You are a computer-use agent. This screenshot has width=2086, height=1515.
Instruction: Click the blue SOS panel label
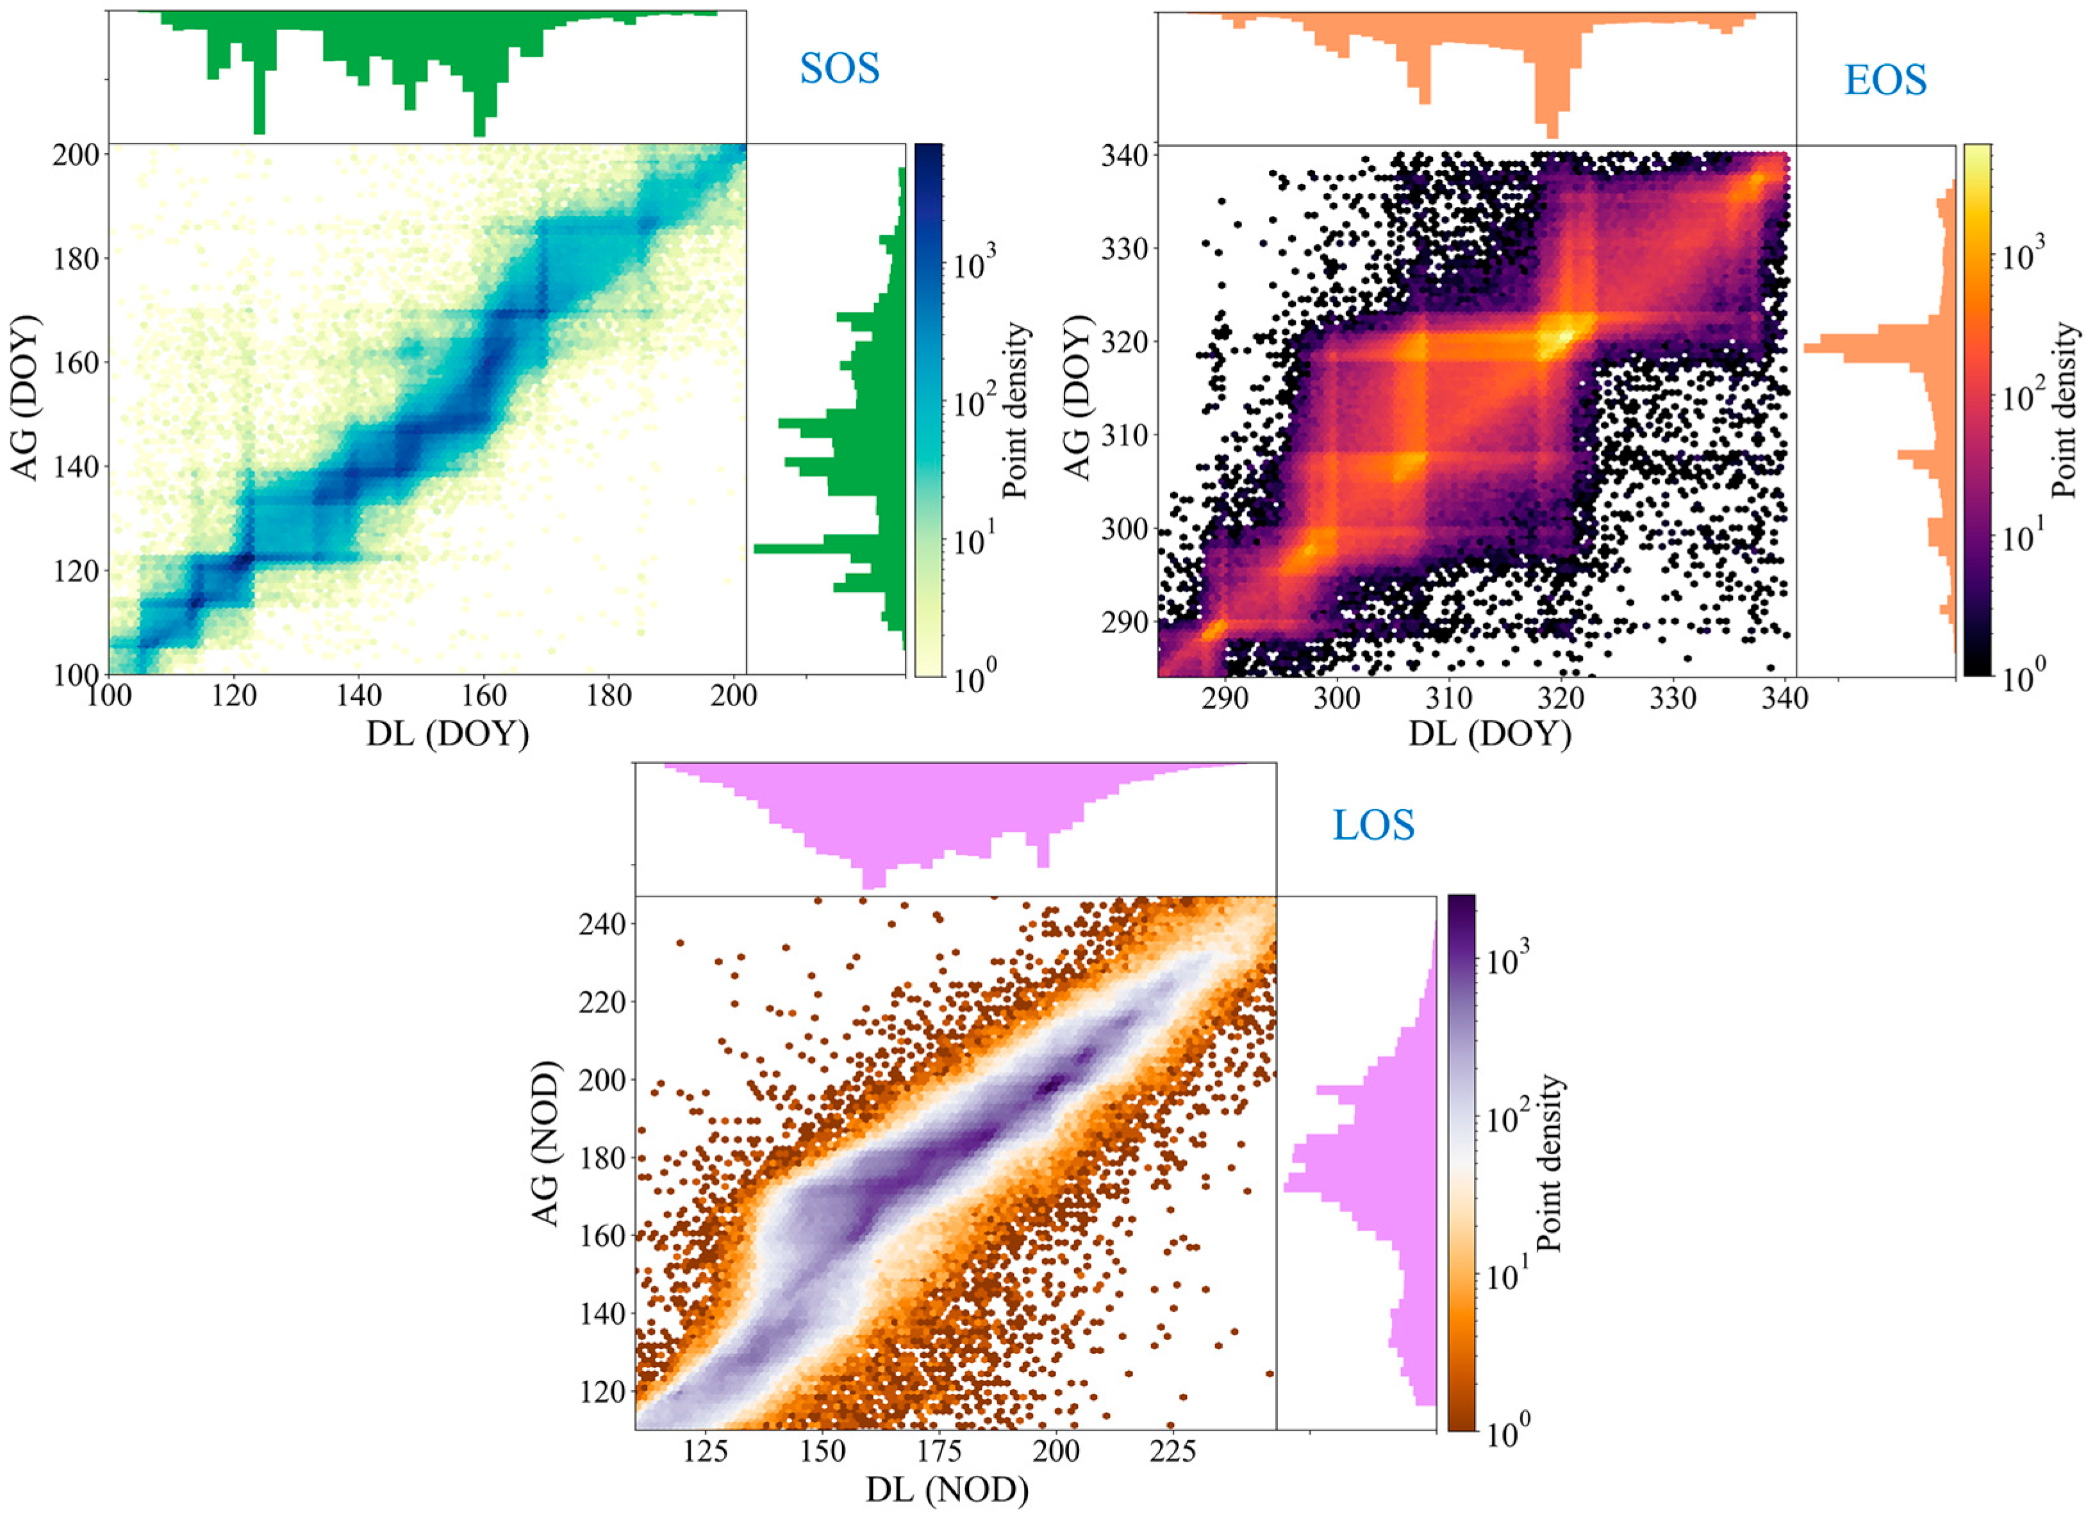(839, 69)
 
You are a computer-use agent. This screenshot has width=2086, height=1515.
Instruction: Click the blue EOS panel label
(1885, 81)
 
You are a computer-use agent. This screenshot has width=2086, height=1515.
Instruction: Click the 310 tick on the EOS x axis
(1448, 697)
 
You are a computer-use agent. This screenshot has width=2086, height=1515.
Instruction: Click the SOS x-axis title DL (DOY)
(448, 733)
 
